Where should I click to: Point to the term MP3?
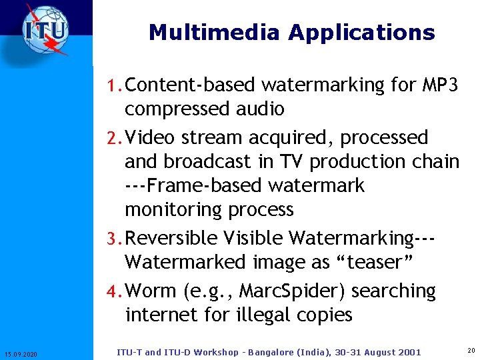440,85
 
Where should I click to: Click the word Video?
149,138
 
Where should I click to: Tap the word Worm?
151,291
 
